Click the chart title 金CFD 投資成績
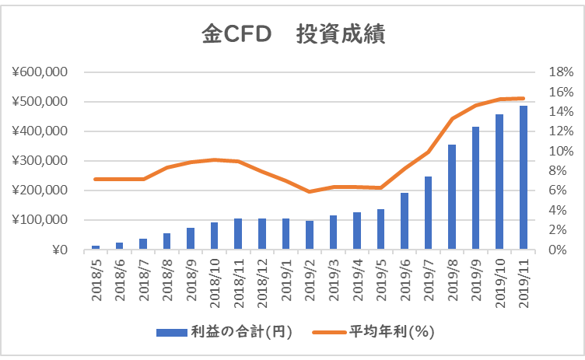[293, 34]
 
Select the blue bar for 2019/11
[524, 177]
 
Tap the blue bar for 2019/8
[452, 197]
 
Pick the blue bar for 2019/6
[405, 222]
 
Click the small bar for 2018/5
[96, 247]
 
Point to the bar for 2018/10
[214, 236]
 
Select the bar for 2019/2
[310, 235]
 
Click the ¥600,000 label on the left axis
[40, 72]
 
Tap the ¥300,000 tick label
[40, 161]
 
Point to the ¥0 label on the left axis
[60, 250]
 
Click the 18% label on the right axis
[561, 72]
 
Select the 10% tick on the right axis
[561, 151]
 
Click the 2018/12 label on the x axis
[262, 284]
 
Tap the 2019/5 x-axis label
[381, 280]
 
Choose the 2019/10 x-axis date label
[500, 284]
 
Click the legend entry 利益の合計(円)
[224, 332]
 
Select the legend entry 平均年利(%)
[373, 332]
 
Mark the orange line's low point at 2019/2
[310, 191]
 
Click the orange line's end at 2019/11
[524, 99]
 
